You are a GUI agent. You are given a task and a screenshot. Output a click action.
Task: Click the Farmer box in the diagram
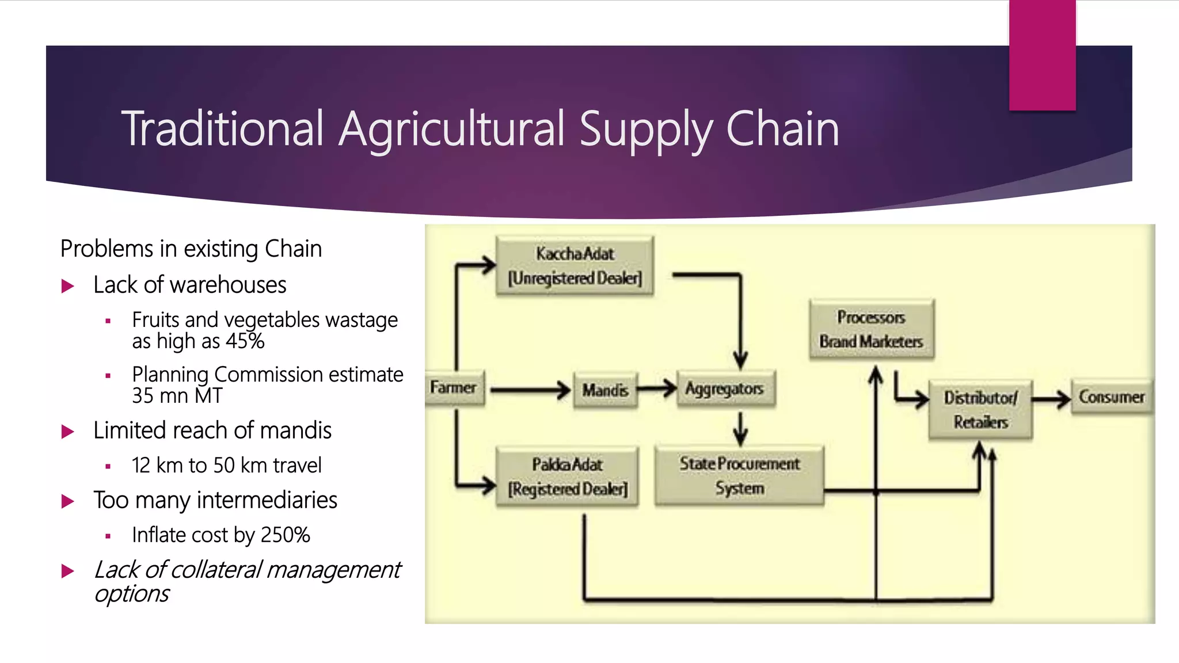click(x=454, y=388)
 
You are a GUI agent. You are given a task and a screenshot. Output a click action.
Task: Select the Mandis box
click(x=604, y=390)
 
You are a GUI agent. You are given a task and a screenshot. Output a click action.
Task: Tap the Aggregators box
click(x=725, y=389)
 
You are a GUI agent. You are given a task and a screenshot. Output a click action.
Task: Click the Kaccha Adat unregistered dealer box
click(x=575, y=265)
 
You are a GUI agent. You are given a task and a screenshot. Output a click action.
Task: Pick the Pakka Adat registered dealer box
click(x=567, y=477)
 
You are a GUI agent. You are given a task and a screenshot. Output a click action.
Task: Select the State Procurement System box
click(x=739, y=475)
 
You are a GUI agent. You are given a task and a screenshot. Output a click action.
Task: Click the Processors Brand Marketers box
click(x=871, y=329)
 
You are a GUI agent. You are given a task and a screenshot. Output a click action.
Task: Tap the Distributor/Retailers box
click(x=980, y=409)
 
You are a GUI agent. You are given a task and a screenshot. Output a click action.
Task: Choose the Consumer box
click(x=1112, y=397)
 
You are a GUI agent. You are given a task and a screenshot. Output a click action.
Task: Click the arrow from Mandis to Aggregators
click(x=657, y=388)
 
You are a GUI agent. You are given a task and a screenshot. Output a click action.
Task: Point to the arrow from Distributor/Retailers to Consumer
click(x=1051, y=398)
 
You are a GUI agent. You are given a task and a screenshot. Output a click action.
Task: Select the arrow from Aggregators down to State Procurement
click(x=741, y=428)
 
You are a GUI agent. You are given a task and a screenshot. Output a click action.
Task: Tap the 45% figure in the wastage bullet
click(x=245, y=341)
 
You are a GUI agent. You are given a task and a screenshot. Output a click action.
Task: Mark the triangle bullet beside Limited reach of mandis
click(x=68, y=432)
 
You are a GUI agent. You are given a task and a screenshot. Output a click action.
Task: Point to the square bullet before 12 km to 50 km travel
click(x=108, y=466)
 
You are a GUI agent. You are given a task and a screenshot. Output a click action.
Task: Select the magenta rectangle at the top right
click(x=1042, y=55)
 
